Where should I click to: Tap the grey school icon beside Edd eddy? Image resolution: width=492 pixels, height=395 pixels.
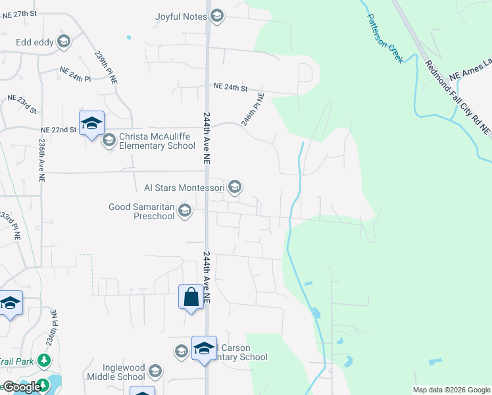click(x=64, y=43)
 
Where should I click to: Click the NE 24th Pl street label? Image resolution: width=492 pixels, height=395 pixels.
click(x=74, y=74)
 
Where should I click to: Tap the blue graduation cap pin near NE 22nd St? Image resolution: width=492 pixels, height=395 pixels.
click(x=91, y=123)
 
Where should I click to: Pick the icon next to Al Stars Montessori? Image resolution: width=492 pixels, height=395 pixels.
click(x=235, y=188)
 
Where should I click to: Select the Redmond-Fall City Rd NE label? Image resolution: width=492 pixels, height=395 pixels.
click(x=458, y=98)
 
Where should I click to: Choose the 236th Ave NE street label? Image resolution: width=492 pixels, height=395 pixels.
click(x=41, y=160)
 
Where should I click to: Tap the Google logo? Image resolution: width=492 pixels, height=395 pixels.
click(x=22, y=387)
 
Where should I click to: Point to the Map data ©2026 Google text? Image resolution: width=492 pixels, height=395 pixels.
click(x=451, y=390)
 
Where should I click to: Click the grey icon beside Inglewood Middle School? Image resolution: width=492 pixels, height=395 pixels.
click(x=155, y=372)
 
